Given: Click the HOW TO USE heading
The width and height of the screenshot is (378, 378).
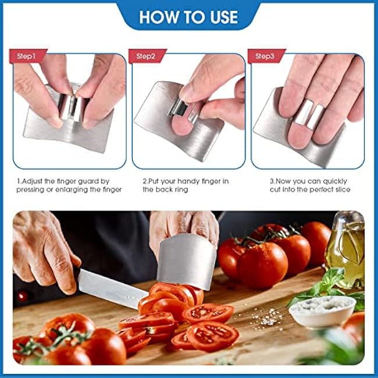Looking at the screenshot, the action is [x=188, y=17].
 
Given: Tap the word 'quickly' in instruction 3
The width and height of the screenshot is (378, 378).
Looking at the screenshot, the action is [x=334, y=181].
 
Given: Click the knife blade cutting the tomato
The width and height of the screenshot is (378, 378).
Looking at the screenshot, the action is [x=112, y=288].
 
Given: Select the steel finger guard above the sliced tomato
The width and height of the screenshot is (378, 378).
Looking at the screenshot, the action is [x=187, y=261].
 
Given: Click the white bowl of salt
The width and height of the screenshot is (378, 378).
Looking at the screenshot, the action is [x=322, y=311].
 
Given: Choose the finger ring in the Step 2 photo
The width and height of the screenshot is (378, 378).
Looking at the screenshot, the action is [x=184, y=110].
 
